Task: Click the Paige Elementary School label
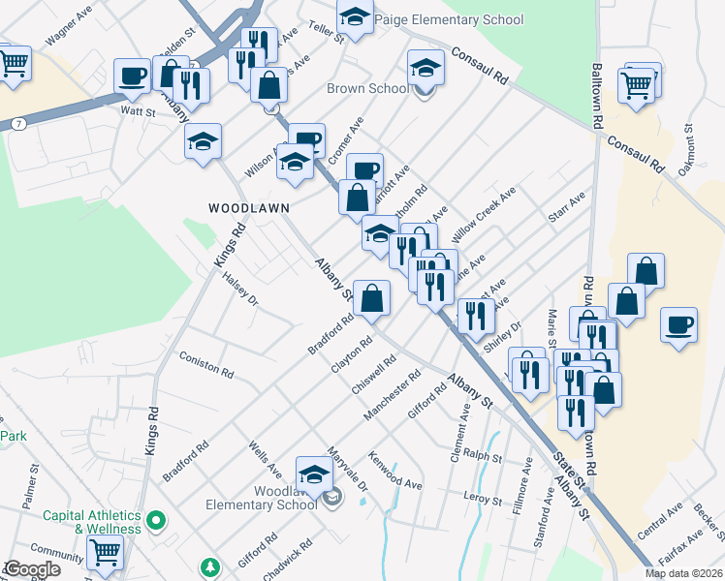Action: point(448,20)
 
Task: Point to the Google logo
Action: point(32,569)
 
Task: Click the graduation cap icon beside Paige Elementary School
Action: point(355,18)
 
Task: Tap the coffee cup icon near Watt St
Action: point(132,75)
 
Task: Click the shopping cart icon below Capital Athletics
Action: point(105,554)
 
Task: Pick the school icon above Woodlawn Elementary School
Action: point(313,474)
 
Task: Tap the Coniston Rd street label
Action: point(205,364)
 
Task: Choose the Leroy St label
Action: point(482,500)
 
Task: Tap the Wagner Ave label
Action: point(67,34)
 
